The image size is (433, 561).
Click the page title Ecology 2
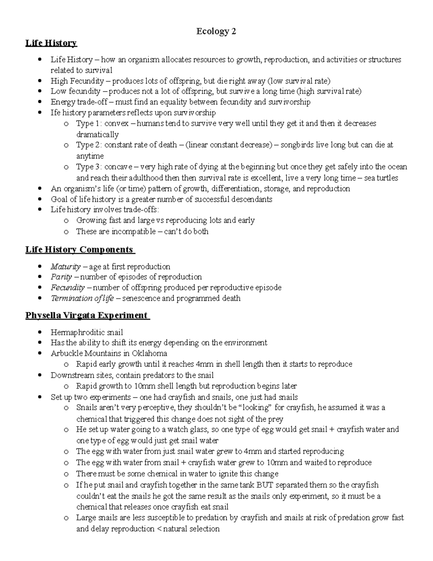[216, 31]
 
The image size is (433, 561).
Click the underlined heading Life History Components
[80, 250]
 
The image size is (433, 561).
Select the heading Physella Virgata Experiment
[87, 315]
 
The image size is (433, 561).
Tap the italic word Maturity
[65, 267]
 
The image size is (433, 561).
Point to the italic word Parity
[61, 277]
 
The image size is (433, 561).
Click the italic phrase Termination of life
[82, 298]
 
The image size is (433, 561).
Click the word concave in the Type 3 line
[118, 167]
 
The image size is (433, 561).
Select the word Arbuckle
[67, 353]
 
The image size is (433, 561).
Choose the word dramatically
[97, 134]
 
